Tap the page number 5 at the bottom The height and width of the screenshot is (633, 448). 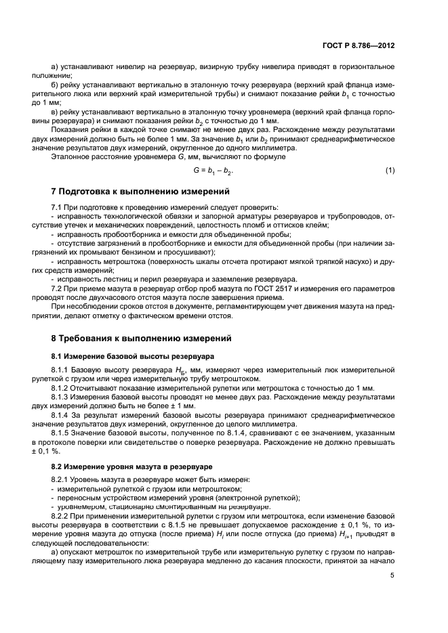392,594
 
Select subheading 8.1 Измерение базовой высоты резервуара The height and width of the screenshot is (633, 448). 132,355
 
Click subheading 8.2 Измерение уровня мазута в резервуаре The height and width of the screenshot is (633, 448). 132,468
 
